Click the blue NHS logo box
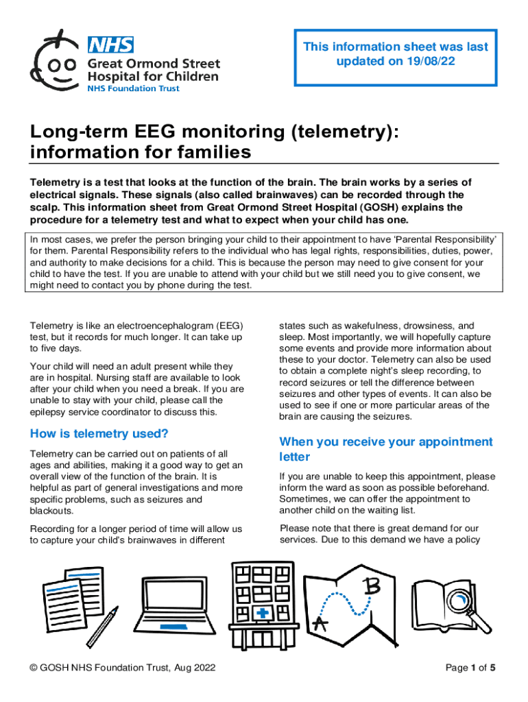coord(110,45)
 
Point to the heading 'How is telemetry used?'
coord(99,433)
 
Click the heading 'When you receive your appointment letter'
coord(385,449)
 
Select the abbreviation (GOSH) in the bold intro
coord(387,207)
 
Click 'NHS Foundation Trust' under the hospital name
coord(132,89)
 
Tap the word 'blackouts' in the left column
coord(51,511)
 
